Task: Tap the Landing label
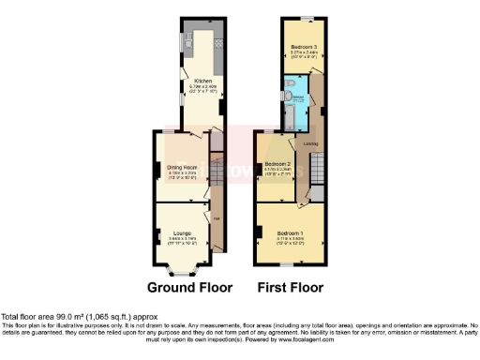[x=310, y=143]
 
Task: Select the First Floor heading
[x=292, y=287]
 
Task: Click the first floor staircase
[x=317, y=171]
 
